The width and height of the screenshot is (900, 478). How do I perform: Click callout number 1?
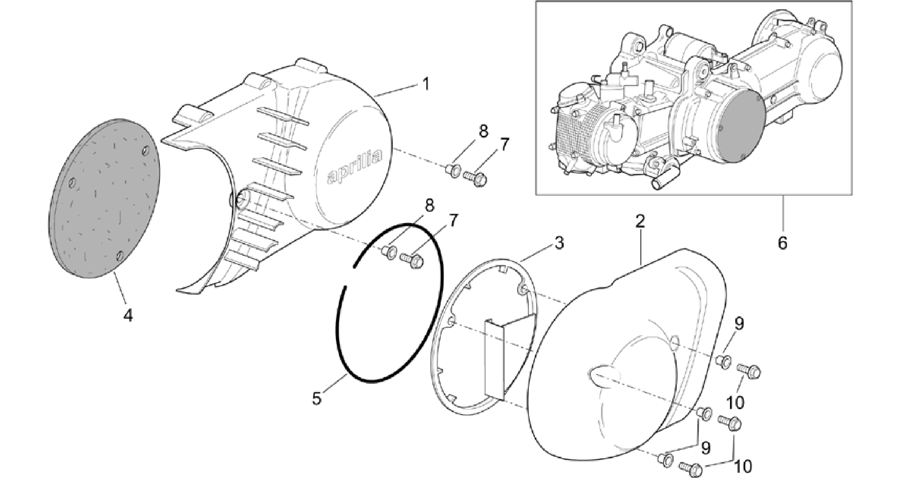(425, 83)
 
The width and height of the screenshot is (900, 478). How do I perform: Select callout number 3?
(559, 243)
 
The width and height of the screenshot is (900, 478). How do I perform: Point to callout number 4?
(128, 315)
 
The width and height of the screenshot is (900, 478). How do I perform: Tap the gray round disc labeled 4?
(104, 198)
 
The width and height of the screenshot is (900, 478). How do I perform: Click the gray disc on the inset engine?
(741, 129)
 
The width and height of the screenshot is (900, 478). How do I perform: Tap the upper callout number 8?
(483, 131)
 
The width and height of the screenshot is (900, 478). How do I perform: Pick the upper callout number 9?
(739, 324)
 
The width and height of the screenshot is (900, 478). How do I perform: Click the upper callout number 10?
(735, 402)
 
